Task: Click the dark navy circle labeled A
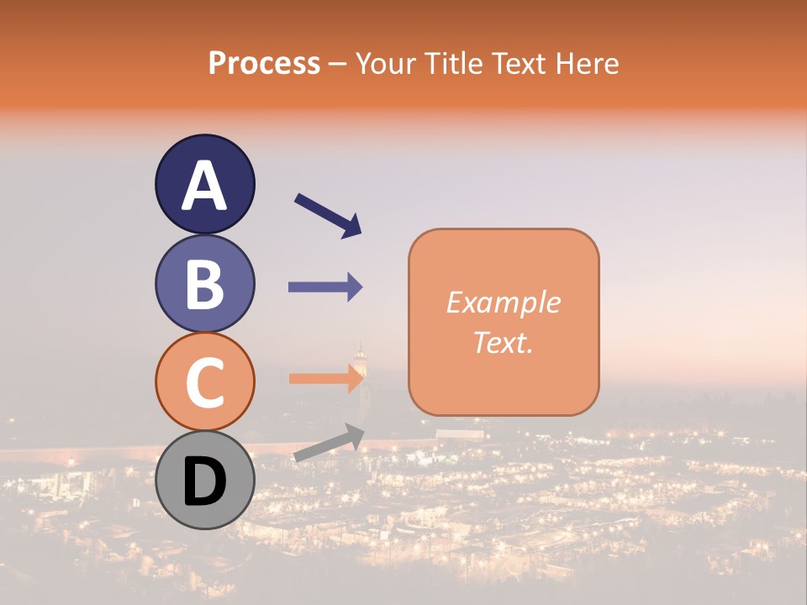tap(204, 184)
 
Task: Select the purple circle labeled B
tap(204, 283)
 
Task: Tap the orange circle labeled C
tap(204, 382)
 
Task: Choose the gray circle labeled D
tap(204, 481)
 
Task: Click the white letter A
tap(204, 185)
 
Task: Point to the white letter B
tap(204, 284)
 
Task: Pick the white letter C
tap(204, 383)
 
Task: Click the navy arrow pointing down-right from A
tap(329, 215)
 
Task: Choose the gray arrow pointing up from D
tap(329, 442)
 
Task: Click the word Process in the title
tap(264, 63)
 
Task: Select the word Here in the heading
tap(588, 63)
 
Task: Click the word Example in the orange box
tap(504, 302)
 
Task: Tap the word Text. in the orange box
tap(504, 342)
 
